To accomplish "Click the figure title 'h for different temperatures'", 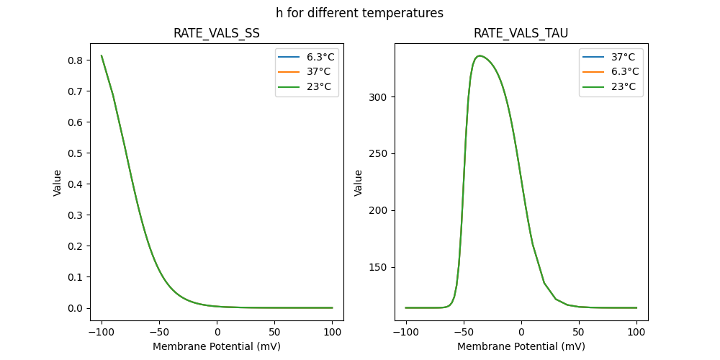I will coord(359,13).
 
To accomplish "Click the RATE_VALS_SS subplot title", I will coord(216,34).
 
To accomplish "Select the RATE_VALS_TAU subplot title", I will coord(521,34).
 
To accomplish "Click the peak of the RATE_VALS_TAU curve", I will coord(480,55).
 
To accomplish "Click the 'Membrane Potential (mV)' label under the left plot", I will coord(216,346).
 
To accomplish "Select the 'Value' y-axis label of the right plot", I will coord(359,183).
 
